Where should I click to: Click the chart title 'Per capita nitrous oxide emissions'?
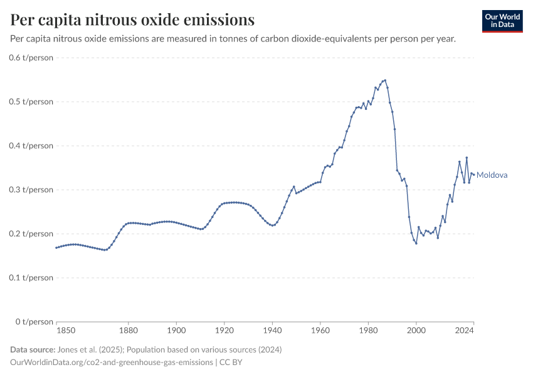(132, 19)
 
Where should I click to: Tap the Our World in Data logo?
(502, 21)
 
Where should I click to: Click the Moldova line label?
(492, 175)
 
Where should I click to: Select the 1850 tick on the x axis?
(66, 331)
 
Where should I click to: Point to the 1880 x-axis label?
(128, 331)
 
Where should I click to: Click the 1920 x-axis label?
(224, 331)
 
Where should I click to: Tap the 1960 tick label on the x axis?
(320, 331)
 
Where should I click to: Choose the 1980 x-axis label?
(368, 331)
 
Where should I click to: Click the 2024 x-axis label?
(464, 331)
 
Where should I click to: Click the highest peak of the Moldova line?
(385, 80)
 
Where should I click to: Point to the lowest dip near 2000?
(416, 243)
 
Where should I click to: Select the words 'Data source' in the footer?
(31, 349)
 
